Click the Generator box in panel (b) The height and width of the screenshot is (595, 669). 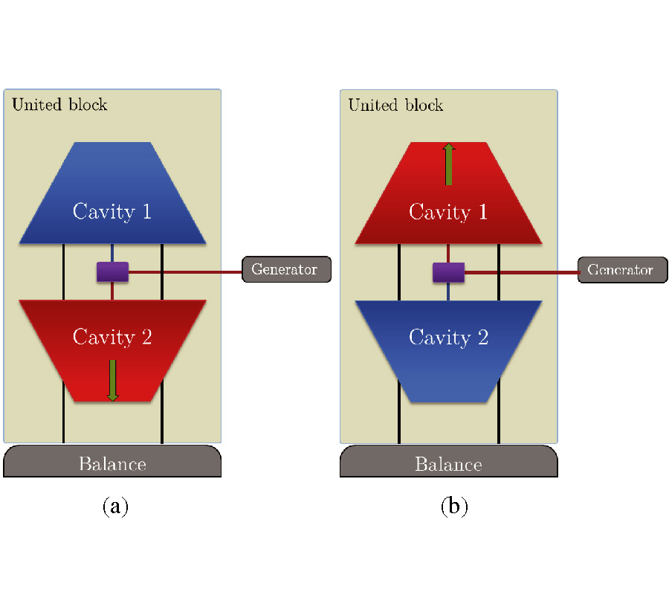tap(622, 269)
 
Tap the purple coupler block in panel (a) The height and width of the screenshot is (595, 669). tap(112, 272)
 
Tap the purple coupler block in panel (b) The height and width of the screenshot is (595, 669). tap(448, 272)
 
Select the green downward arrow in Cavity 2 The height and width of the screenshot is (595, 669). tap(112, 380)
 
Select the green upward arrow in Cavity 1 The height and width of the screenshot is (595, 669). tap(448, 164)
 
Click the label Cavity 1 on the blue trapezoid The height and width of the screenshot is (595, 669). tap(112, 212)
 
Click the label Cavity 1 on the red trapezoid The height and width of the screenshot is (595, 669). tap(448, 212)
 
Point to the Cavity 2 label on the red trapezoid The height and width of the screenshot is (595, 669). tap(112, 337)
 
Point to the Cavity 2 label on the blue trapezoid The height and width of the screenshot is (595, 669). tap(448, 337)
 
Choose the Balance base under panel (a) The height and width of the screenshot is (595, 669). tap(112, 463)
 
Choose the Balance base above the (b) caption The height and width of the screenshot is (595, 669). tap(448, 463)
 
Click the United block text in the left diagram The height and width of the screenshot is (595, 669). tap(59, 104)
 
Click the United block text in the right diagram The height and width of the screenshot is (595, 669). tap(395, 104)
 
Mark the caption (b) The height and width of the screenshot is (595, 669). tap(454, 506)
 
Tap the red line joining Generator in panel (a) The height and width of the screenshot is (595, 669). tap(186, 272)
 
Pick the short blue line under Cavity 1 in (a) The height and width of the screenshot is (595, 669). tap(112, 253)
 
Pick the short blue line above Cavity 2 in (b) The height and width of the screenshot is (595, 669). tap(448, 292)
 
